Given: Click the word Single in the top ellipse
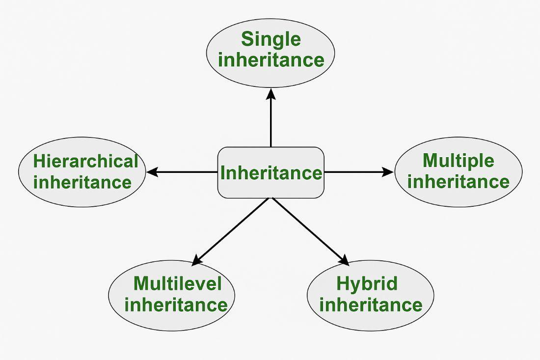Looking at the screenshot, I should point(270,39).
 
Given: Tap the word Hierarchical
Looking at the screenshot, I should point(85,161).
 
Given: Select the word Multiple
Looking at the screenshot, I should point(458,161).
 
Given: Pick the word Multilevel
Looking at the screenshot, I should point(177,283).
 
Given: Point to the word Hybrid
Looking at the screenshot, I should point(367,283).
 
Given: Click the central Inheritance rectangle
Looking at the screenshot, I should point(270,173).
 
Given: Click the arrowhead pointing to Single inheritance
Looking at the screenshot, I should point(271,93).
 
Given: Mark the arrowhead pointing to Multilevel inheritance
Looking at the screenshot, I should point(196,260).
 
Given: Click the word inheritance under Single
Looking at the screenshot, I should point(271,60).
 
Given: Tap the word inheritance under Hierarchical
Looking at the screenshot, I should point(82,182).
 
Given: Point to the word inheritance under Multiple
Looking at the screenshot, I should point(458,182).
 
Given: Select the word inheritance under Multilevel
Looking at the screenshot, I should point(176,305).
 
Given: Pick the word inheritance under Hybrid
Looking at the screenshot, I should point(371,305).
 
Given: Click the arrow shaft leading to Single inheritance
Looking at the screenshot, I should point(271,123).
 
